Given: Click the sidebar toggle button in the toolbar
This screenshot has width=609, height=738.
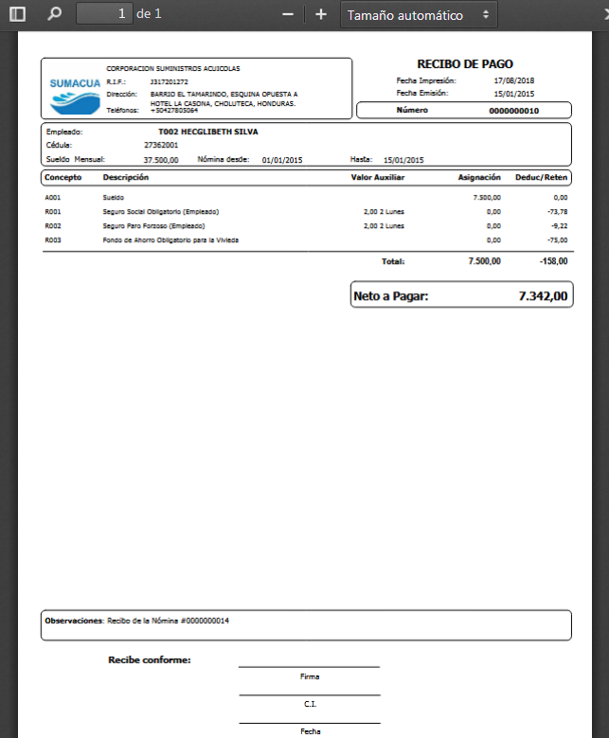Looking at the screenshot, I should click(x=17, y=14).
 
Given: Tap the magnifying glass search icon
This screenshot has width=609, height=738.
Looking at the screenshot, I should click(x=53, y=14).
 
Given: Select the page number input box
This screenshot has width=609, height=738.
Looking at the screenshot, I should click(x=104, y=14).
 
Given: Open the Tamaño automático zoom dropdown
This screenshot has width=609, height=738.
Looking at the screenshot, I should click(x=418, y=15).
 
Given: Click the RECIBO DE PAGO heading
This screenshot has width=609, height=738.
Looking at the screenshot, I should click(x=464, y=64).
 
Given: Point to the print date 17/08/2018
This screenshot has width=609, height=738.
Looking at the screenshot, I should click(x=514, y=81).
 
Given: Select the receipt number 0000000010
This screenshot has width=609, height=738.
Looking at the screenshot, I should click(x=513, y=111).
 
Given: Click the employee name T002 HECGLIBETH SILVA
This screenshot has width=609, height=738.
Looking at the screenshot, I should click(x=208, y=132).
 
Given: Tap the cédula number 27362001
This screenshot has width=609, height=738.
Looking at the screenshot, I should click(x=161, y=146).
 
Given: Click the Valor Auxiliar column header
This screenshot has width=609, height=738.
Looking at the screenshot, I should click(x=378, y=178).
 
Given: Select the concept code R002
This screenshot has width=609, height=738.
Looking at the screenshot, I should click(x=53, y=226).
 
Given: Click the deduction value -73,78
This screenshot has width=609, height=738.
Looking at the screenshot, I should click(x=557, y=212).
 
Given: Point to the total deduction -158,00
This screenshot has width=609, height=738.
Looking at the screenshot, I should click(x=553, y=260).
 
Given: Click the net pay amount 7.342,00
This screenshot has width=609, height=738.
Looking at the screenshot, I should click(x=543, y=296).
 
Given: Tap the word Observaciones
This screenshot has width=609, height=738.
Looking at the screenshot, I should click(x=73, y=621).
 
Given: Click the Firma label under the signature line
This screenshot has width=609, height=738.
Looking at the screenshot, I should click(x=309, y=676).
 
